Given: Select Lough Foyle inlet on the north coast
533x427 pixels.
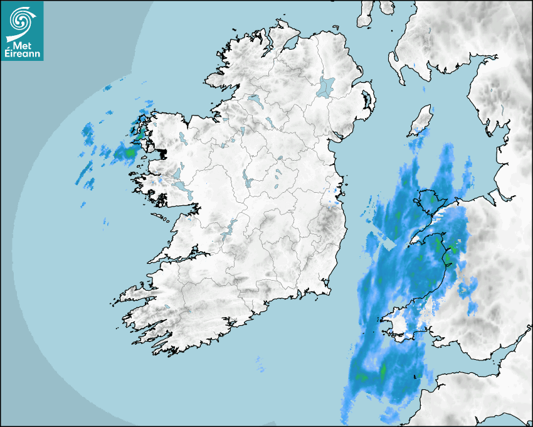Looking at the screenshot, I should coord(289,44).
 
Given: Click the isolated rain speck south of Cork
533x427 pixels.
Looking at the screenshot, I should coord(259,360).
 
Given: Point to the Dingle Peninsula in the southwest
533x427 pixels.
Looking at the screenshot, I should coord(132,293).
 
